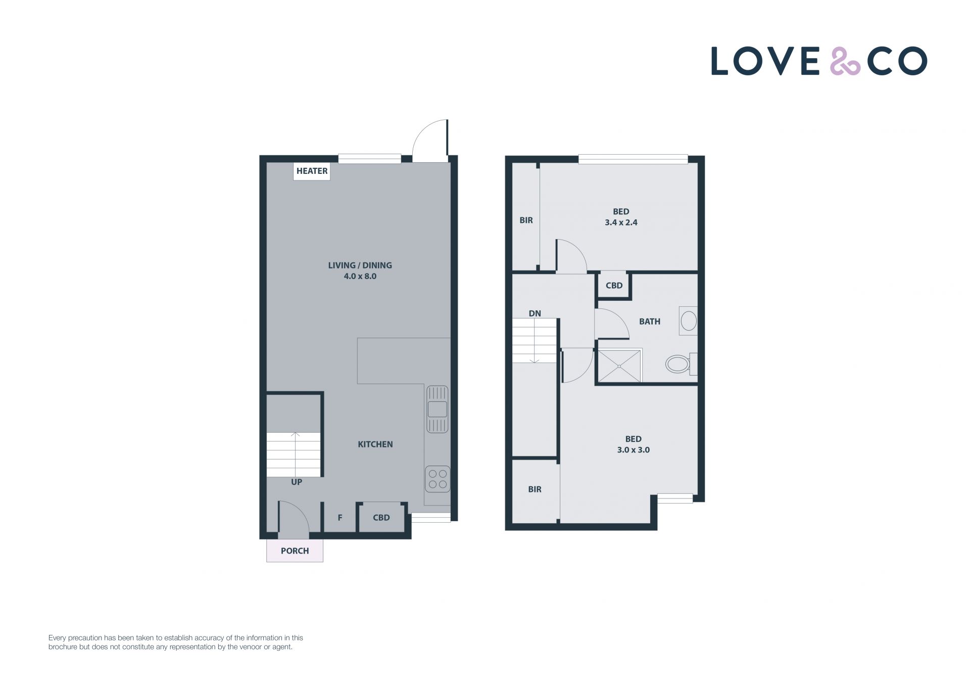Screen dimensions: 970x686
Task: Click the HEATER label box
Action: click(x=312, y=171)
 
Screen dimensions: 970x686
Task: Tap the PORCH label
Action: click(x=295, y=551)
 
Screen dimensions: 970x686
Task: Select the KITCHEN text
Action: click(x=375, y=444)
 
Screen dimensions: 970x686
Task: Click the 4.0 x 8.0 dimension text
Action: click(x=360, y=277)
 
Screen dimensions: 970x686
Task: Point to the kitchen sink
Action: click(x=438, y=409)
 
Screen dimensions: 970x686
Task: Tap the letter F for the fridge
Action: click(x=340, y=518)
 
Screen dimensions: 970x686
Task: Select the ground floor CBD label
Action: click(x=381, y=518)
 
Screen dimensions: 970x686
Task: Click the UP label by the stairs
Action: click(x=297, y=482)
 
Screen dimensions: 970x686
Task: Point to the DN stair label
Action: click(x=535, y=313)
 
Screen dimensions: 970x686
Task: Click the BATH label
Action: click(x=650, y=322)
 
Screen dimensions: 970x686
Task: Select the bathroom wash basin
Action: click(x=688, y=321)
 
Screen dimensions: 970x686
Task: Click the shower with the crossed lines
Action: click(x=619, y=366)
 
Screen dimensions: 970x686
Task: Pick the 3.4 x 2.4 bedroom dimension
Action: click(x=621, y=222)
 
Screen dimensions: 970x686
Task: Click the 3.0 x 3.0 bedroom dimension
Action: click(x=634, y=450)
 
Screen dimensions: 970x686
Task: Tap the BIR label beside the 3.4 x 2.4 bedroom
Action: click(x=526, y=220)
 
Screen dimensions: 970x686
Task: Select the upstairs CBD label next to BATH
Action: click(x=614, y=286)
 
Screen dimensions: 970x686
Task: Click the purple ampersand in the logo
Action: click(x=845, y=61)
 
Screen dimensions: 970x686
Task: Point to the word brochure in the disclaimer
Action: click(x=63, y=647)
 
